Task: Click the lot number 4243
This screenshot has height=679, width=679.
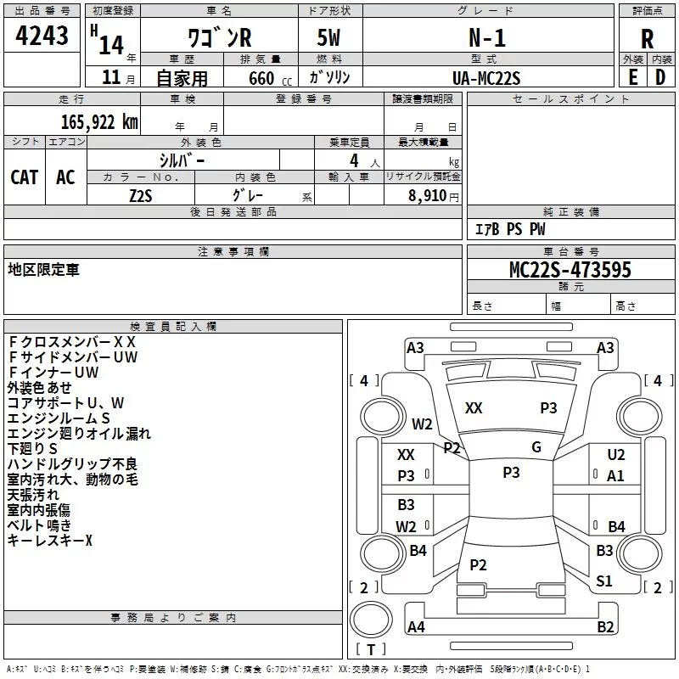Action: point(42,36)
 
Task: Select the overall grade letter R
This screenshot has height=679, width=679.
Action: point(647,39)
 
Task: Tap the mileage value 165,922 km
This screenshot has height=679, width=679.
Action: point(99,122)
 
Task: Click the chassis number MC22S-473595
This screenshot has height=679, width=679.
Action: point(570,270)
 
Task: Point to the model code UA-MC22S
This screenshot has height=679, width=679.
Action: point(486,78)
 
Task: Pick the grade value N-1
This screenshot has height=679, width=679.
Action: point(487,38)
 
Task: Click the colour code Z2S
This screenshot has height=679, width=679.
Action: point(141,196)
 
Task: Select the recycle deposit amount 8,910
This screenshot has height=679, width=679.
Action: point(427,195)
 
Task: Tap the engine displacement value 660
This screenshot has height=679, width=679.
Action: point(261,78)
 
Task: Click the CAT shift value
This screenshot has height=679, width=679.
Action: point(25,177)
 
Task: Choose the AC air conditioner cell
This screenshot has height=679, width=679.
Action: point(66,177)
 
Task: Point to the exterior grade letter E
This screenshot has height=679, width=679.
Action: point(632,78)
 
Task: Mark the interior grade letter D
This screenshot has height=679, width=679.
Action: point(660,78)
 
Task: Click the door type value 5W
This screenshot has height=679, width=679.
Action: point(328,38)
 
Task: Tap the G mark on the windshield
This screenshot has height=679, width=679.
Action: point(536,447)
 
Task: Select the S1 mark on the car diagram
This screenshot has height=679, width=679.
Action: point(604,581)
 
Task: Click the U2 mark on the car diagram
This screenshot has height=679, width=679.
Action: point(616,455)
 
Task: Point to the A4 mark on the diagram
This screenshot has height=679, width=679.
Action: point(416,626)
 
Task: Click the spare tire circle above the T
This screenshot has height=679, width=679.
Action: point(371,620)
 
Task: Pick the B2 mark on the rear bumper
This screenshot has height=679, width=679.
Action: point(605,626)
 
